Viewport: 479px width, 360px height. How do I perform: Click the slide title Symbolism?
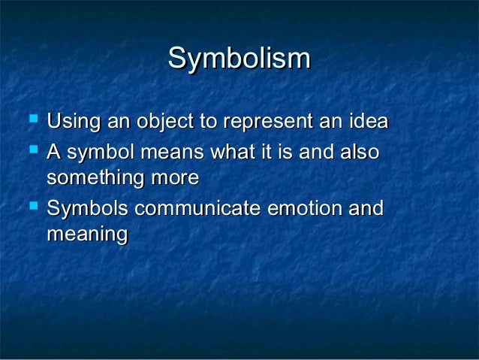click(x=239, y=59)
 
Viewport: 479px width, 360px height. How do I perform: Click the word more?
click(x=178, y=178)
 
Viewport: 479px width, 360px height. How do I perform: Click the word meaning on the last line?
click(x=86, y=234)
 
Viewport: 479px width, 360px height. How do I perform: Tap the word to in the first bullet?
click(x=206, y=121)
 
